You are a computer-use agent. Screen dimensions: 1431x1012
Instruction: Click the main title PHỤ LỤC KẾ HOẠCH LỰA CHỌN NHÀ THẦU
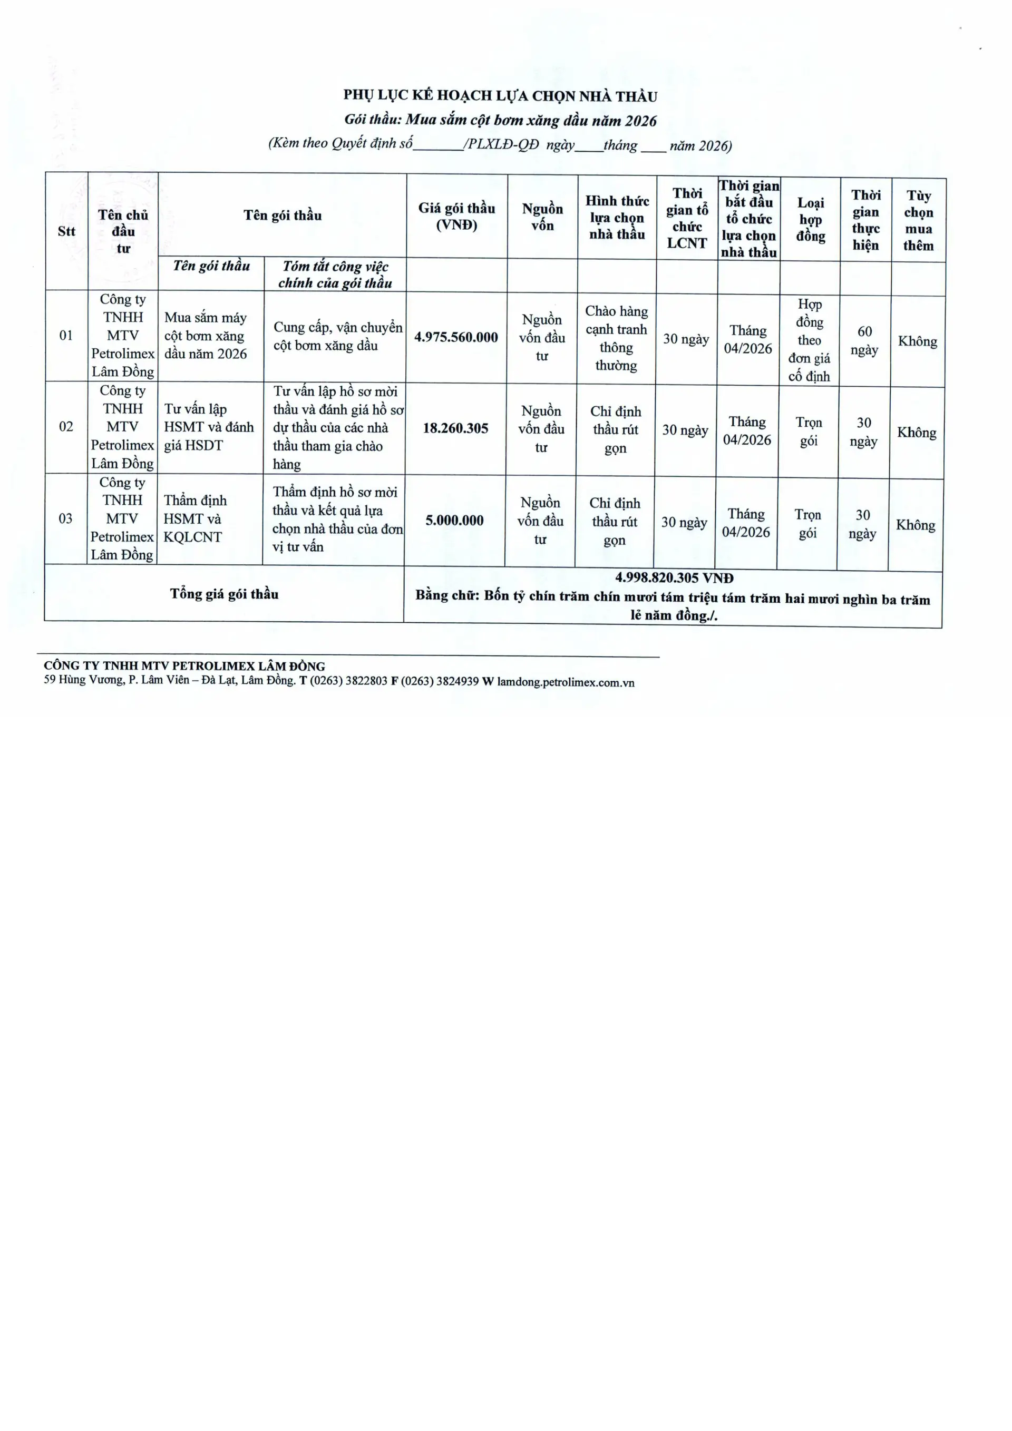tap(500, 96)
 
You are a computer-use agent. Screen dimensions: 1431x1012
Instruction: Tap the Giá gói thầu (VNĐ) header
tap(456, 216)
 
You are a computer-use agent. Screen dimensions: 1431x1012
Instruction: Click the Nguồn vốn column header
tap(542, 217)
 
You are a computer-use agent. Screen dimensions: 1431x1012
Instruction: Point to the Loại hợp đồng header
tap(810, 219)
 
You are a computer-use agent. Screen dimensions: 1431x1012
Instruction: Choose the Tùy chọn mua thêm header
tap(919, 221)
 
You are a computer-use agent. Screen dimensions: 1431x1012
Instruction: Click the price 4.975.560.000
tap(456, 337)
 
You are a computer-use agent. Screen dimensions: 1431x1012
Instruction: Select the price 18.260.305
tap(455, 428)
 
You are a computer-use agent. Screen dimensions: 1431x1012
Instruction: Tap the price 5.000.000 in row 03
tap(454, 521)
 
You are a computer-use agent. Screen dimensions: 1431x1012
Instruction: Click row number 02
tap(66, 427)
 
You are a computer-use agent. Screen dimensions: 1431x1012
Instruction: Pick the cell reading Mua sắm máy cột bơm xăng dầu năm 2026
tap(205, 336)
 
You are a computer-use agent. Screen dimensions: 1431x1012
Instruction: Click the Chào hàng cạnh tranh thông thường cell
tap(616, 338)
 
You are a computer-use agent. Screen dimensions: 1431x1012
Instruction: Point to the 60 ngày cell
tap(864, 340)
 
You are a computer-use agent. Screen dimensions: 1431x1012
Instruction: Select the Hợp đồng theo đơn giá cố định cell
tap(810, 340)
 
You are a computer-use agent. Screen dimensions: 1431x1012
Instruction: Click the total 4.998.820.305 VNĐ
tap(674, 579)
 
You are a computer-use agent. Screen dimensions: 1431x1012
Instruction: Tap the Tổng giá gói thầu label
tap(225, 594)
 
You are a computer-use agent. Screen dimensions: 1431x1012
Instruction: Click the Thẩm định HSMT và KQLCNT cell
tap(194, 518)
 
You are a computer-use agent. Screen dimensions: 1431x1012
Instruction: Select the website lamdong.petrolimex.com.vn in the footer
tap(566, 682)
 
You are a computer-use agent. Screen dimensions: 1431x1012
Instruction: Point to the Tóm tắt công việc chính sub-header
tap(335, 274)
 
